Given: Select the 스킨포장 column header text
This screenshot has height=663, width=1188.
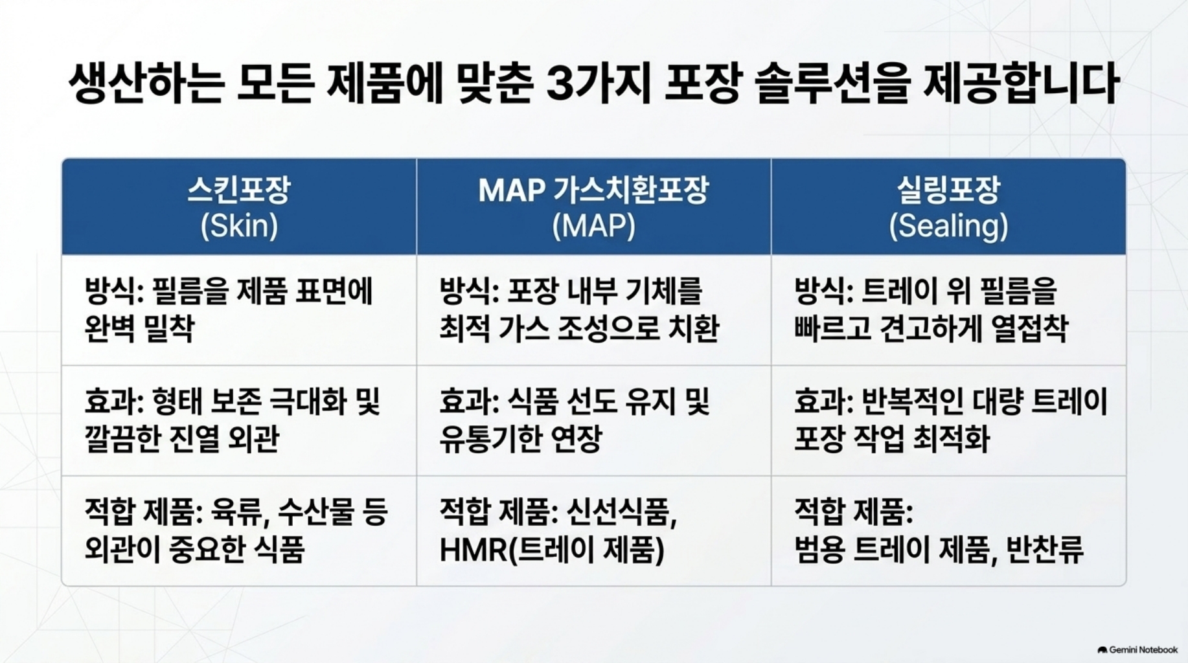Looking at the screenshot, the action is pos(239,190).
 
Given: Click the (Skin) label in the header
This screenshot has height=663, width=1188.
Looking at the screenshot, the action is pos(239,226).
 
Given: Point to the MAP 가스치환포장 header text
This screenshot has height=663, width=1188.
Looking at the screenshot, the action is pos(593,190).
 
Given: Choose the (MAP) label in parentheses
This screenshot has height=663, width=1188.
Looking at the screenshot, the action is pos(593,226).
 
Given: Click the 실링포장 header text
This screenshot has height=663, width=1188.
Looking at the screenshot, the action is pos(948,190).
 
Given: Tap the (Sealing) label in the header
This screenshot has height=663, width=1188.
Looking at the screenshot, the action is pos(948,226).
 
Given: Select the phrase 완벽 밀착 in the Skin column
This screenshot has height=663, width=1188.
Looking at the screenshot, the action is pos(139,328).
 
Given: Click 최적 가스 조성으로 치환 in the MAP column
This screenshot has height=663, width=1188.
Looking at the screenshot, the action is pos(579,328).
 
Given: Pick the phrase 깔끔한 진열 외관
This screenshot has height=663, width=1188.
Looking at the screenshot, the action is pos(181,438).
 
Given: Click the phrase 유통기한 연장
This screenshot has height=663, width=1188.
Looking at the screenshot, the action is pos(521,438).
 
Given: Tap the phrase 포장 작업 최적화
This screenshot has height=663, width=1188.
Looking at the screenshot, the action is pos(892,438).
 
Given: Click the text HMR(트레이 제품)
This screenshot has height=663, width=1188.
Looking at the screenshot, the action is pos(552,550).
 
